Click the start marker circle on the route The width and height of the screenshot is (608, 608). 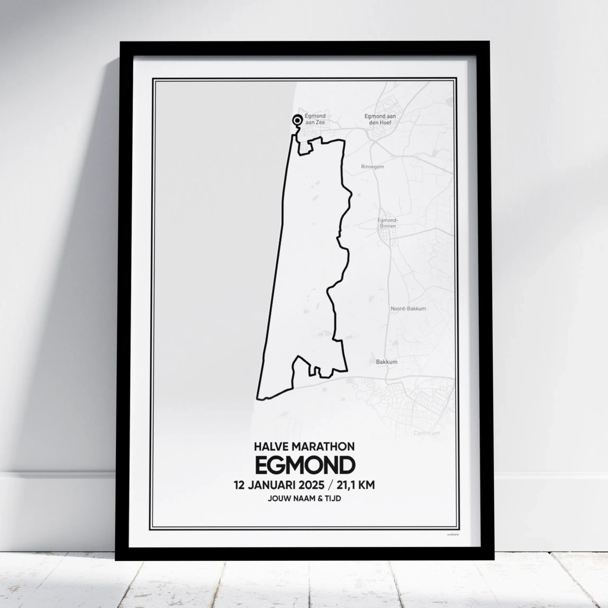tap(297, 120)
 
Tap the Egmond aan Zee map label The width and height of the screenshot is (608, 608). tap(316, 119)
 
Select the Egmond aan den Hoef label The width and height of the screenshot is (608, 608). tap(380, 119)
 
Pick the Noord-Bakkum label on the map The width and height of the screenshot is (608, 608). tap(408, 308)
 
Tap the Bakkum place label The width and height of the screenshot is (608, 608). tap(387, 362)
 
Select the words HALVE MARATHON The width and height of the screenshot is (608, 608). tap(304, 446)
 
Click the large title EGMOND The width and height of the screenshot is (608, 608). tap(304, 465)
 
